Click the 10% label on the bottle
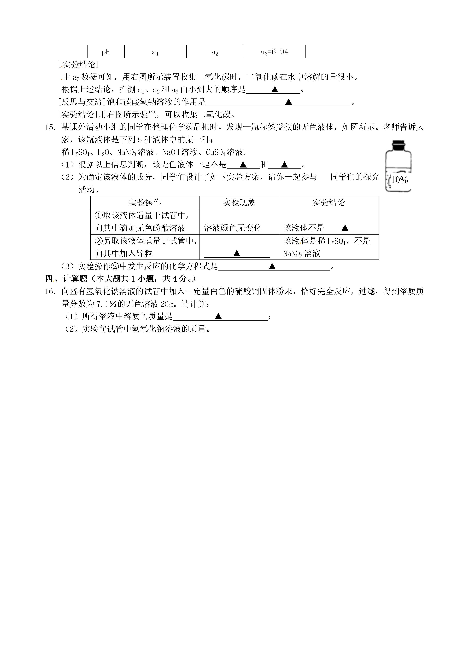point(399,180)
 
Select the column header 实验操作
point(145,202)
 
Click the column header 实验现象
point(239,202)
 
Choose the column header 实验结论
point(328,202)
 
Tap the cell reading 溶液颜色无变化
point(233,228)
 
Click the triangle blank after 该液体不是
point(345,228)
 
